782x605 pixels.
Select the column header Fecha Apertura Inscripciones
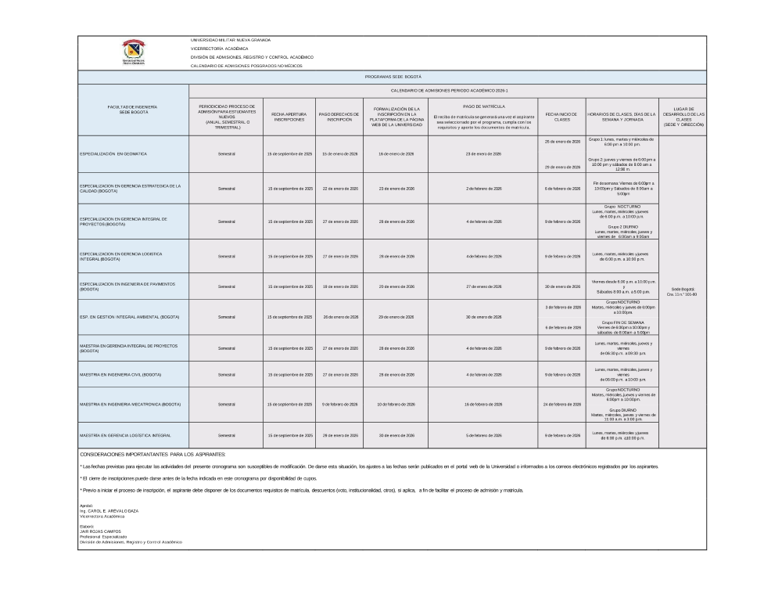tap(289, 117)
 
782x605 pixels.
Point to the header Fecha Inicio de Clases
tap(561, 117)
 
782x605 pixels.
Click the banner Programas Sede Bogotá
tap(393, 77)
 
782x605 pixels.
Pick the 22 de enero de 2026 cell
tap(339, 189)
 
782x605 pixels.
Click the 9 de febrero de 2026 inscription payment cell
tap(339, 404)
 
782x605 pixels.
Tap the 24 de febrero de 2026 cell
tap(561, 404)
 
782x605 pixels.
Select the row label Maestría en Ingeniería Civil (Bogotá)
tap(120, 375)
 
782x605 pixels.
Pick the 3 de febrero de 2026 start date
tap(561, 308)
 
